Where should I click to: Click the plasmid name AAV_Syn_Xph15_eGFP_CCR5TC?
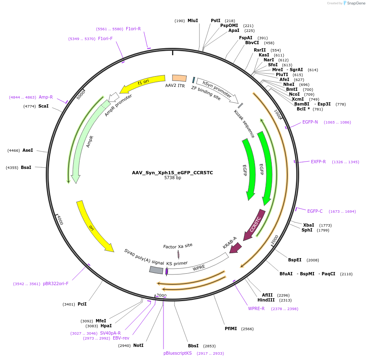click(172, 173)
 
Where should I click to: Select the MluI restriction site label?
click(192, 20)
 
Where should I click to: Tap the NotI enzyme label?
click(138, 345)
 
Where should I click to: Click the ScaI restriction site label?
click(43, 106)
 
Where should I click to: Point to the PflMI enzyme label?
click(230, 328)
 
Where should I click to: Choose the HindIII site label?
click(266, 300)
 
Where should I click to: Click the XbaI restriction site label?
click(309, 225)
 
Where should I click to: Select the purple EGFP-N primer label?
click(310, 122)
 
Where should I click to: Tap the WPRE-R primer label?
click(256, 308)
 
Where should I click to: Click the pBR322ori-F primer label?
click(56, 283)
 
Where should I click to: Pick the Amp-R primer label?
click(46, 97)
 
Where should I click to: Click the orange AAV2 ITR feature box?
click(179, 78)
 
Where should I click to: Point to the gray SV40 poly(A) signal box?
click(156, 270)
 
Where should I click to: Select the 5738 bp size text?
click(172, 178)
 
